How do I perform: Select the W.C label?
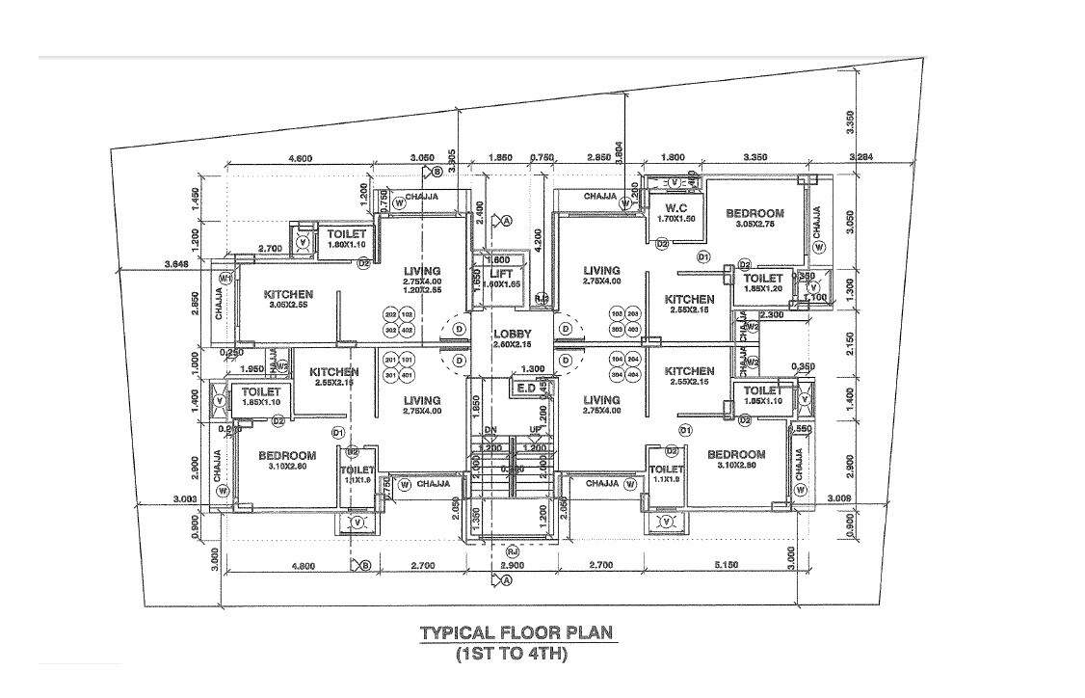coord(674,207)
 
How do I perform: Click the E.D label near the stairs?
coord(526,388)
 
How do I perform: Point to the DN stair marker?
coord(490,430)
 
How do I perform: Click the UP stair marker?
coord(534,430)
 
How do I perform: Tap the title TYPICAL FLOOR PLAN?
coord(516,633)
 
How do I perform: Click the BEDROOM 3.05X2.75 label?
coord(754,213)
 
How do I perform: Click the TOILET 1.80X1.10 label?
coord(346,234)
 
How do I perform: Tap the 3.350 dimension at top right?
coord(848,122)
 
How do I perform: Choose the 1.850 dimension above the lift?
coord(499,157)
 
